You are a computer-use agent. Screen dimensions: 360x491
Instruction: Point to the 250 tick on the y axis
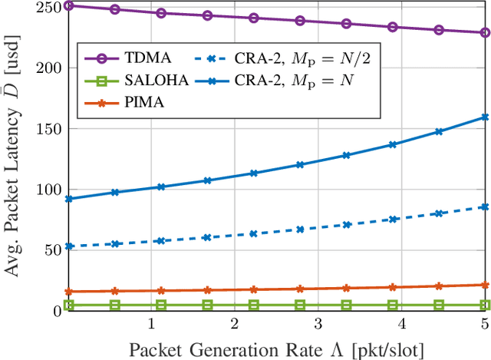pyautogui.click(x=50, y=7)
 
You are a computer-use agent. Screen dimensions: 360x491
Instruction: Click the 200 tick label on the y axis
pyautogui.click(x=50, y=68)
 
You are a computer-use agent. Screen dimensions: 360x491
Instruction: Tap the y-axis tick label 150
pyautogui.click(x=50, y=128)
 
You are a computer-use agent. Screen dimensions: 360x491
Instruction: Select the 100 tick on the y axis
pyautogui.click(x=50, y=190)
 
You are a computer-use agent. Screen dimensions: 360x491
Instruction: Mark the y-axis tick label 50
pyautogui.click(x=53, y=250)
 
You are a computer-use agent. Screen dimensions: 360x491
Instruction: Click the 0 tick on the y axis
pyautogui.click(x=56, y=311)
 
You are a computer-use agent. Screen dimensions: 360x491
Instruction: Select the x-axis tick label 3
pyautogui.click(x=318, y=324)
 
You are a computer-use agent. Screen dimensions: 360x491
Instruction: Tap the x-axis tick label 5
pyautogui.click(x=484, y=324)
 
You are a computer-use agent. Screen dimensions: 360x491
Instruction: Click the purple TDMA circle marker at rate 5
pyautogui.click(x=485, y=33)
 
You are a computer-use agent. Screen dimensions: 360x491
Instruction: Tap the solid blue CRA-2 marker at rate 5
pyautogui.click(x=485, y=117)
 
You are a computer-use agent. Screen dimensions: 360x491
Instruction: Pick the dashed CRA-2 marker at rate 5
pyautogui.click(x=485, y=206)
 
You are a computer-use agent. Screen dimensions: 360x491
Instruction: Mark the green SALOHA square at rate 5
pyautogui.click(x=485, y=305)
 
